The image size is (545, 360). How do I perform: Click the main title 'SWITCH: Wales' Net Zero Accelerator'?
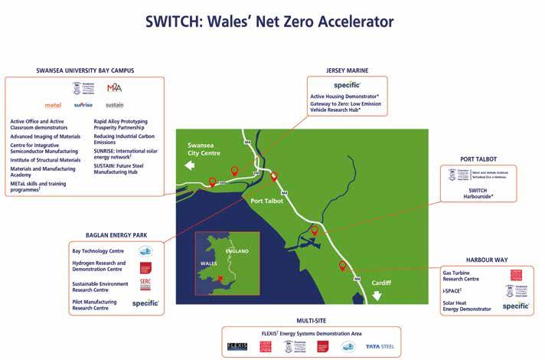click(272, 21)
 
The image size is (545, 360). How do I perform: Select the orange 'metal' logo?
click(53, 105)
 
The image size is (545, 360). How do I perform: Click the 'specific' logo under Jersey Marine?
click(348, 84)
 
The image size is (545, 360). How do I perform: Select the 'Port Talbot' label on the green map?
click(268, 201)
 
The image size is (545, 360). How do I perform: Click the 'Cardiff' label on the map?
click(380, 283)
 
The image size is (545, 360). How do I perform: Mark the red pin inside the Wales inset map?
click(220, 278)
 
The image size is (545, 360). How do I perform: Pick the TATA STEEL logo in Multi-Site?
click(380, 346)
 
